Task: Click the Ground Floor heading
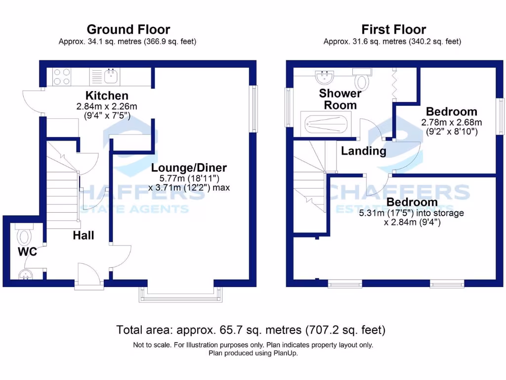point(128,30)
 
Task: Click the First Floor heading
point(393,30)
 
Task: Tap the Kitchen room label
point(107,95)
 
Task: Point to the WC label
point(27,251)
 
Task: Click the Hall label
point(84,236)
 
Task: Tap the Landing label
point(364,151)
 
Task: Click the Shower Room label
point(340,99)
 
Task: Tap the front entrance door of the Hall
point(89,275)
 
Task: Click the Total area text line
point(251,329)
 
